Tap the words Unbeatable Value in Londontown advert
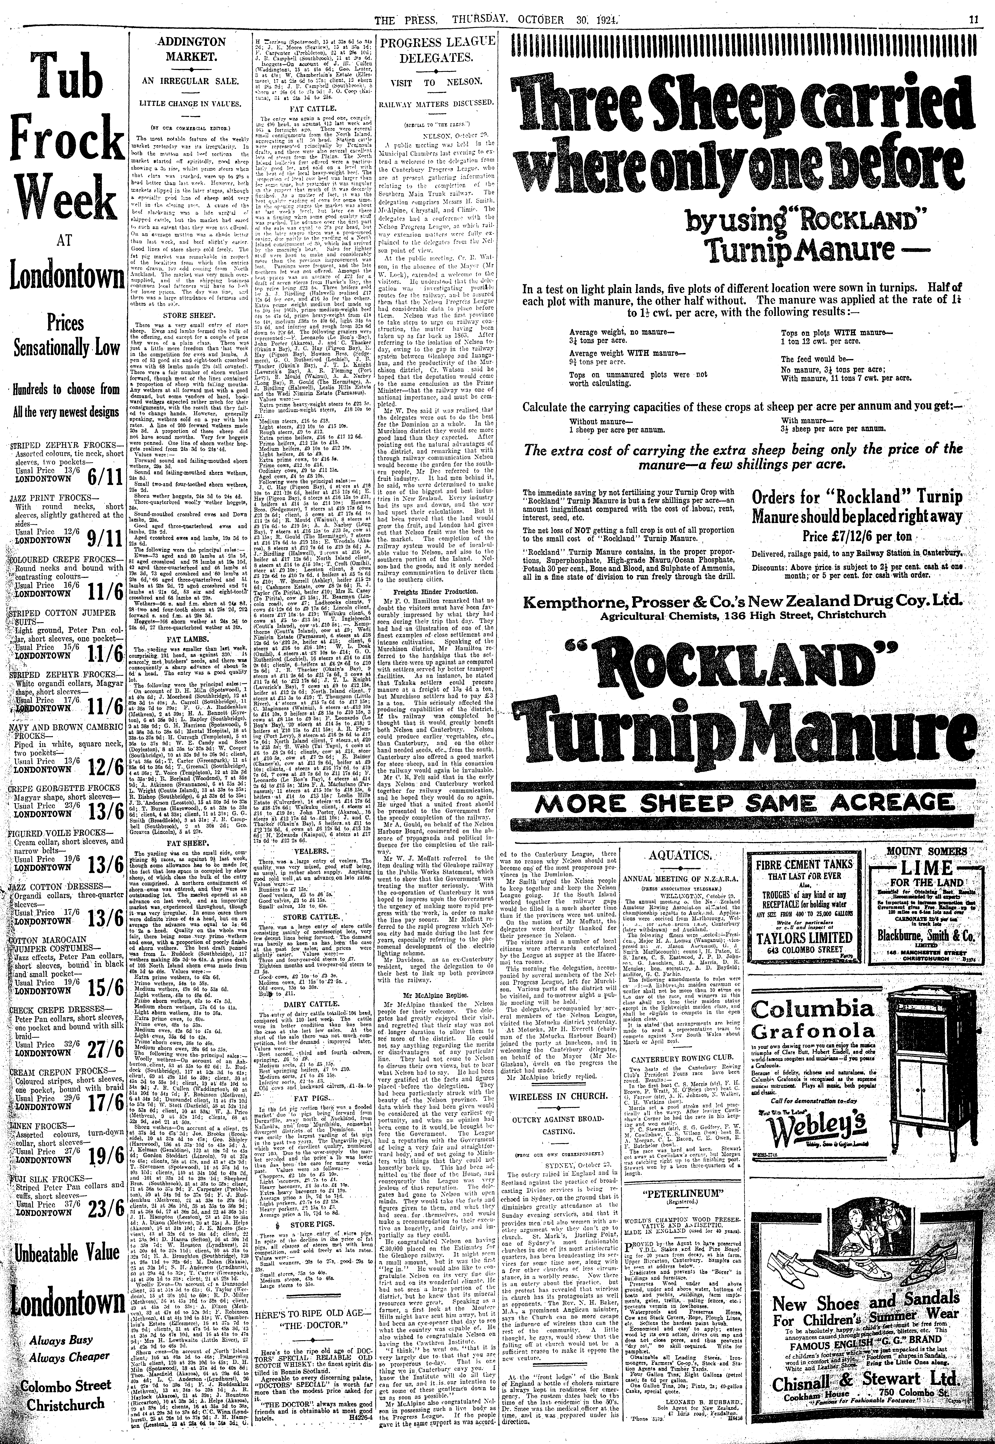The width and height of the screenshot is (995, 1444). (64, 1234)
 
